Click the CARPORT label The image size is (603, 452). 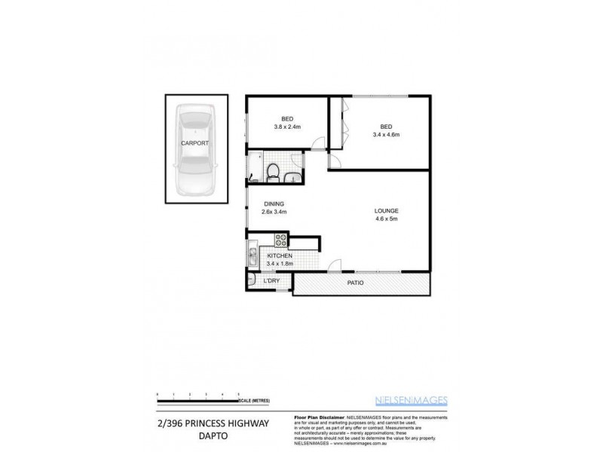coord(194,142)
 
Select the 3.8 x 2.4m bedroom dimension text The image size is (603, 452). coord(287,127)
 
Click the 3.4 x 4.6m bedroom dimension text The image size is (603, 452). coord(385,134)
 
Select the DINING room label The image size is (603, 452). coord(272,203)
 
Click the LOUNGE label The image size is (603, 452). coord(386,210)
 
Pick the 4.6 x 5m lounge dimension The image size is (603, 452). coord(386,219)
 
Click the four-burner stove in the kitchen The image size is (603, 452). coord(280,241)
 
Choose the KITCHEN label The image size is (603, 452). coord(280,256)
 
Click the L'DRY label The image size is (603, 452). coord(271,281)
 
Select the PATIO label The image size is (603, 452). coord(356,283)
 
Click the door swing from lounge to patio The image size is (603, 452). coord(335,265)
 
